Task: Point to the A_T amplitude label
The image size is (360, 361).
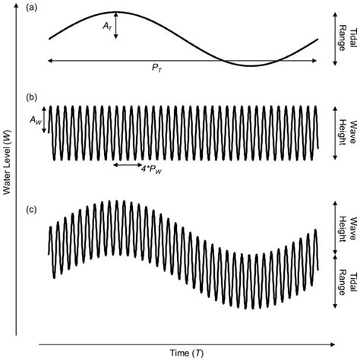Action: tap(106, 25)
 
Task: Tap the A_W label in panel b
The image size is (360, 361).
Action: tap(33, 119)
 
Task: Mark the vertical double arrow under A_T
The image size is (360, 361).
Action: tap(115, 25)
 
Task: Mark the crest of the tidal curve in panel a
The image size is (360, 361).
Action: tap(115, 12)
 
